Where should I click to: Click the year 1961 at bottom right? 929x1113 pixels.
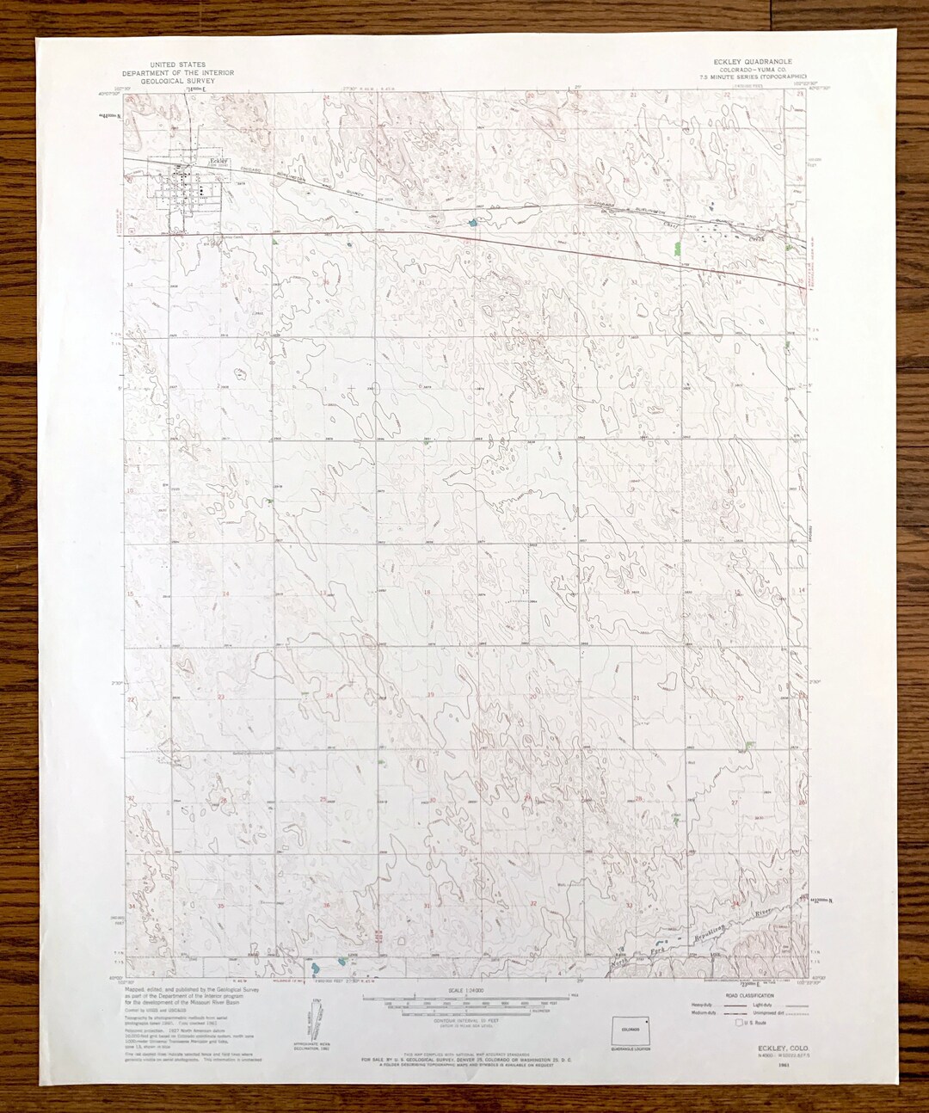point(782,1065)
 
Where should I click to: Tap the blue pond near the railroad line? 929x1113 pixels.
point(472,224)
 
